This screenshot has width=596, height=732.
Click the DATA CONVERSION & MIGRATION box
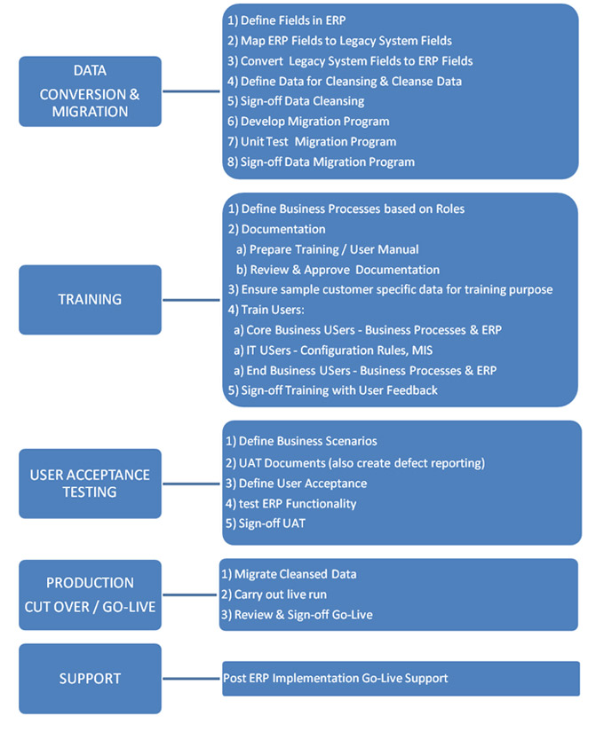pos(90,91)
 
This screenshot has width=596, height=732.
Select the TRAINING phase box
pos(90,300)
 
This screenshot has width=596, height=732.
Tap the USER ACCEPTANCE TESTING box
pos(90,484)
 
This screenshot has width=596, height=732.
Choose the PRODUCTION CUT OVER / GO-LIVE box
pos(90,594)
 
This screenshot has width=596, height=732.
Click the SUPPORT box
pos(90,679)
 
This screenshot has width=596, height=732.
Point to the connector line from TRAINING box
pos(191,300)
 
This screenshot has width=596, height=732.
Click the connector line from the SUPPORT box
pos(192,679)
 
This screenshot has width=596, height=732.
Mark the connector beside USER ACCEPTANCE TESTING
pos(191,484)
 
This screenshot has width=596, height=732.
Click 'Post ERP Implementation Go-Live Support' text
pos(335,678)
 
